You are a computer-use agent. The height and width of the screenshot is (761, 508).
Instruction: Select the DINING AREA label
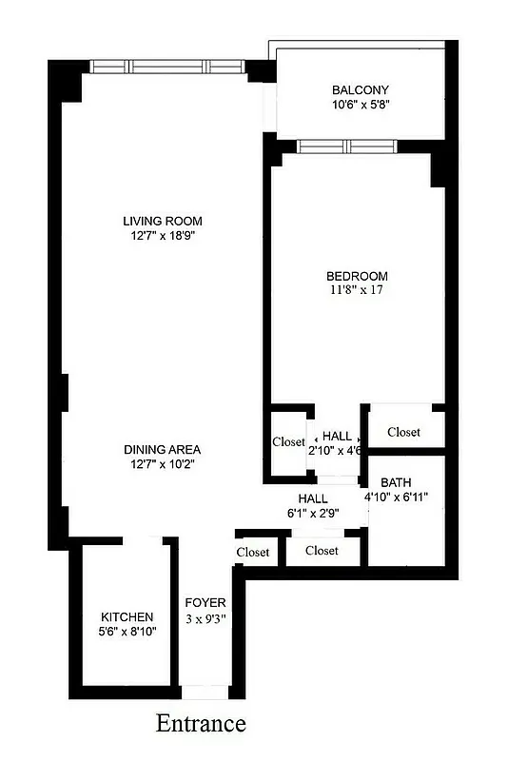[x=163, y=449]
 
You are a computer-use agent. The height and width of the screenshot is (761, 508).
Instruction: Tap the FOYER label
[x=205, y=603]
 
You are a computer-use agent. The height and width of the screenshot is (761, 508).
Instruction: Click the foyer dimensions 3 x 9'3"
[x=205, y=618]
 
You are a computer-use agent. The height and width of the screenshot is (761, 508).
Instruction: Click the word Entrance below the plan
[x=201, y=724]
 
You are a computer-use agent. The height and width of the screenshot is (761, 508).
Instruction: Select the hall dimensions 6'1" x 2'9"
[x=313, y=513]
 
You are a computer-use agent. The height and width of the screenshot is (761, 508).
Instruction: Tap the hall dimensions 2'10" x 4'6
[x=335, y=451]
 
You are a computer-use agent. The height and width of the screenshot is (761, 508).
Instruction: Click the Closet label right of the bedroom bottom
[x=403, y=432]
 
